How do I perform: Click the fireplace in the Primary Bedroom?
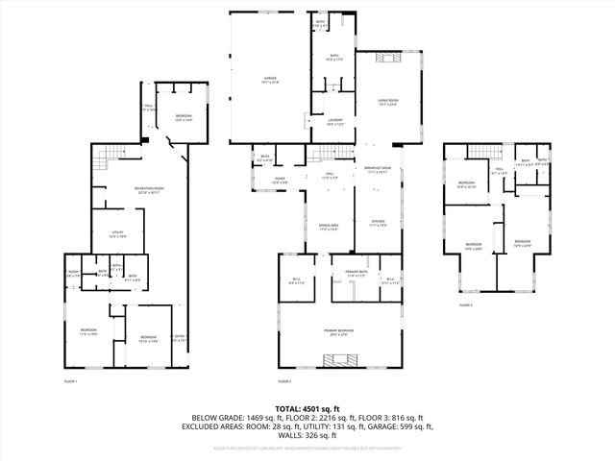click(x=340, y=361)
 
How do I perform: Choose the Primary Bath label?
click(x=356, y=274)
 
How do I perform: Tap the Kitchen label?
click(x=379, y=224)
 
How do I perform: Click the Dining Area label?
click(x=329, y=228)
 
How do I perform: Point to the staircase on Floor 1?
click(x=113, y=152)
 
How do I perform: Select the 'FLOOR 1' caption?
click(x=70, y=381)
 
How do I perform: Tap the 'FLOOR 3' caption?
click(x=465, y=304)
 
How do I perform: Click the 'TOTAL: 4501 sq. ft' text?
click(x=307, y=408)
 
